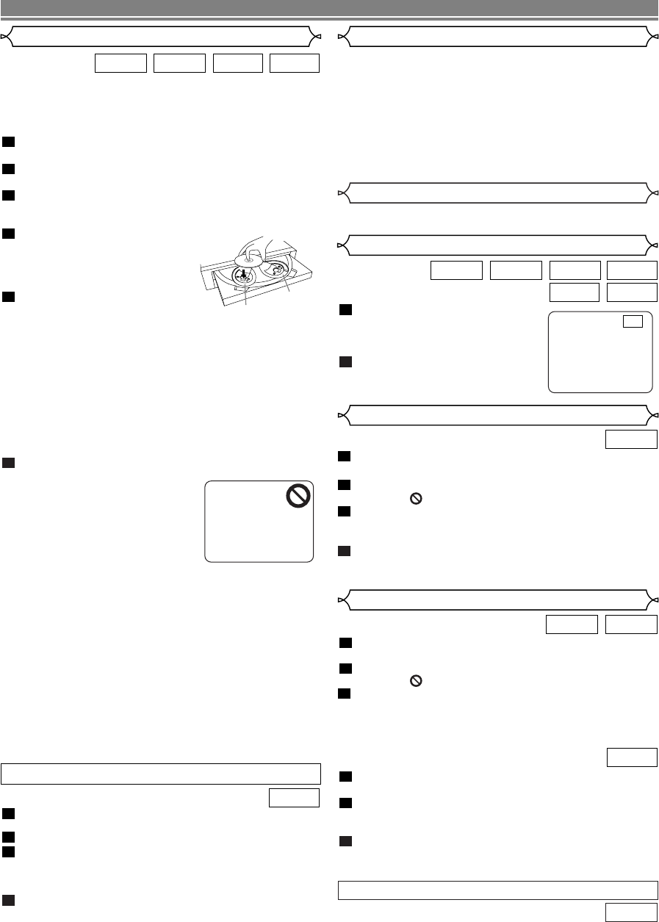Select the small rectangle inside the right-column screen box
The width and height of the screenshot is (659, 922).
(633, 321)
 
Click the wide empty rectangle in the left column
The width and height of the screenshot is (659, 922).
(161, 774)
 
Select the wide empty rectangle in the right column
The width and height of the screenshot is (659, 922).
(497, 889)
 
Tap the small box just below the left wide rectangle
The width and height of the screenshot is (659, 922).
(295, 797)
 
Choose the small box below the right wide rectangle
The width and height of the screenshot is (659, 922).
(631, 912)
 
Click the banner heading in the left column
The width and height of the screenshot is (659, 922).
(161, 36)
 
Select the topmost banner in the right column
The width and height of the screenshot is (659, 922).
(497, 36)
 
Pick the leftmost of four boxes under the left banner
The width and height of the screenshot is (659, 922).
(121, 62)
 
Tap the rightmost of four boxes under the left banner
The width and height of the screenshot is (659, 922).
(295, 62)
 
